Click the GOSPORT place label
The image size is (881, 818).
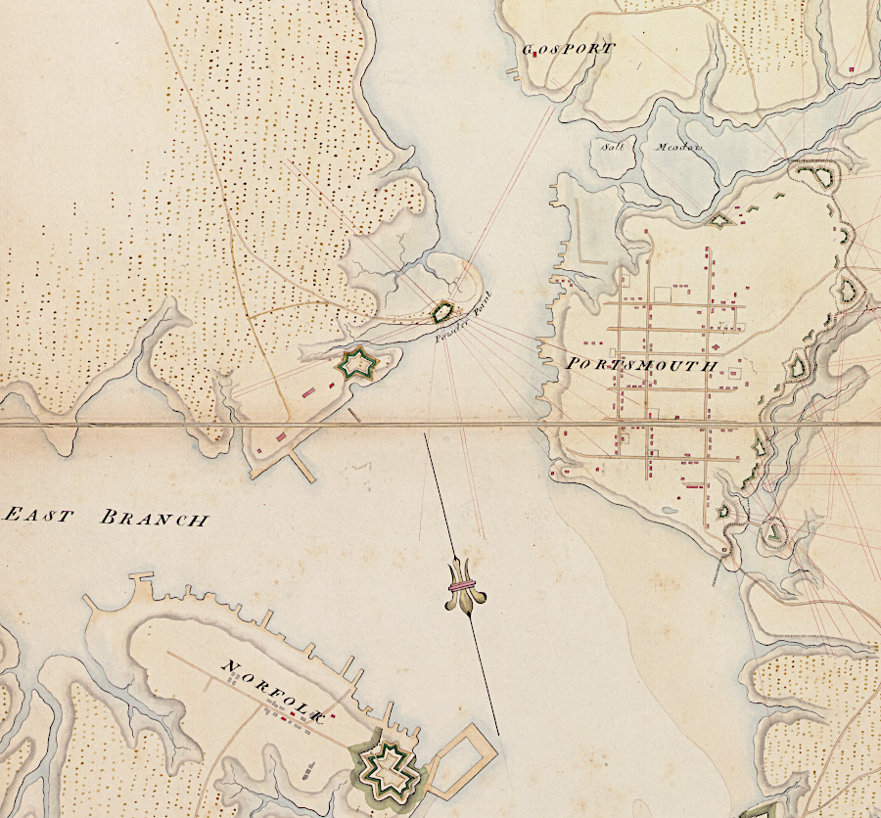[x=569, y=49]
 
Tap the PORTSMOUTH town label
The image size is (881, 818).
[x=642, y=365]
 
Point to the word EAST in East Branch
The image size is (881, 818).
[x=38, y=516]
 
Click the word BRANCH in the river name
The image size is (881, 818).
[x=154, y=519]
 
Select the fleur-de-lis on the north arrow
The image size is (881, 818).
[x=462, y=586]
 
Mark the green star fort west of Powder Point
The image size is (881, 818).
[x=357, y=364]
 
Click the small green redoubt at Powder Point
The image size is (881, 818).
[x=443, y=312]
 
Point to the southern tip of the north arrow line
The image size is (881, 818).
[x=498, y=734]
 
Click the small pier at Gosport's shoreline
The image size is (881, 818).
[x=511, y=73]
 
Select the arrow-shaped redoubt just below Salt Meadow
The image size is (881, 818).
[x=720, y=222]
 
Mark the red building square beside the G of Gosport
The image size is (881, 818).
[x=536, y=55]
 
